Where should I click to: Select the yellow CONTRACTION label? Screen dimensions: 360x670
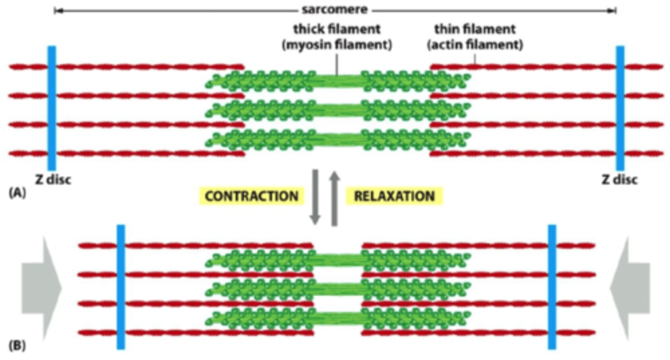tap(252, 196)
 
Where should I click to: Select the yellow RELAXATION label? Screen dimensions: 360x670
tap(394, 196)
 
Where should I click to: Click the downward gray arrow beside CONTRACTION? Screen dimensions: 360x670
tap(315, 197)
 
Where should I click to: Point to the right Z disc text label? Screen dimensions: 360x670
tap(618, 180)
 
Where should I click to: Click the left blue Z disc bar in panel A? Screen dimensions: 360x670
tap(52, 108)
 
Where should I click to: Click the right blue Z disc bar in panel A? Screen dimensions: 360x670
tap(620, 108)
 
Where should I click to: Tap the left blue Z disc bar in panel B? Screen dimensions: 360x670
tap(121, 287)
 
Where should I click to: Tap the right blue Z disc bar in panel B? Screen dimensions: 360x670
tap(552, 287)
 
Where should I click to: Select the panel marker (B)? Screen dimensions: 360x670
tap(17, 346)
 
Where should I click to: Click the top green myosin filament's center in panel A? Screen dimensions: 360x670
tap(338, 81)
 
